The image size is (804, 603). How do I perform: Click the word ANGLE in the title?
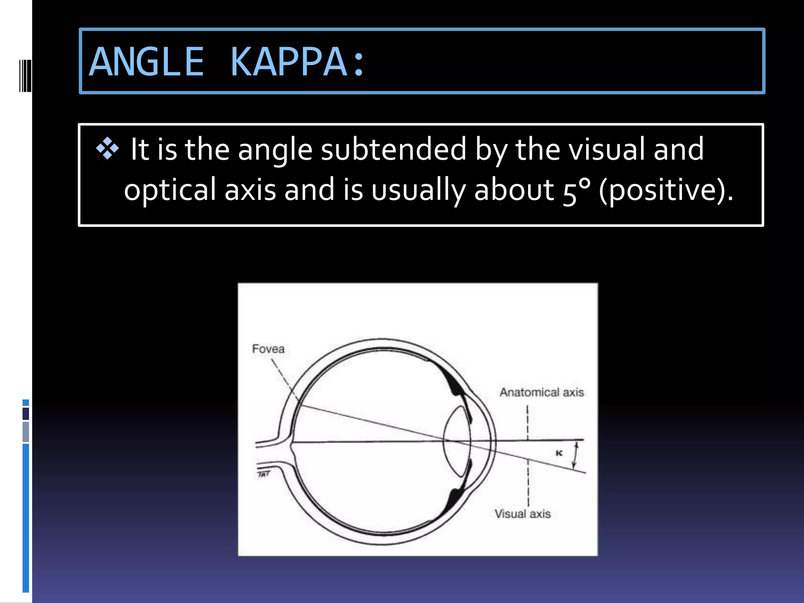[146, 62]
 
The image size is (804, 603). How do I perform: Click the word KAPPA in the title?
[289, 62]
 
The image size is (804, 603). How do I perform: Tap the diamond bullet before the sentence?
[107, 149]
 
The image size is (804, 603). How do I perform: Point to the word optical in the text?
[170, 191]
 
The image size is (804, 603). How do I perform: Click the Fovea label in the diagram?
[268, 349]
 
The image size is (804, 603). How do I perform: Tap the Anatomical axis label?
[542, 392]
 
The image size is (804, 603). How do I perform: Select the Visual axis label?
[523, 514]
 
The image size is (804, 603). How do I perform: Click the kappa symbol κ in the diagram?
[559, 453]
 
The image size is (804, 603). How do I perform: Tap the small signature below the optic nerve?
[264, 474]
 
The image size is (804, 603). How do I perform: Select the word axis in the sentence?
[250, 191]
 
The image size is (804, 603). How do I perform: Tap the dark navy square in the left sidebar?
[26, 414]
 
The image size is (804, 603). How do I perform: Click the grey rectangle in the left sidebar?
[26, 432]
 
